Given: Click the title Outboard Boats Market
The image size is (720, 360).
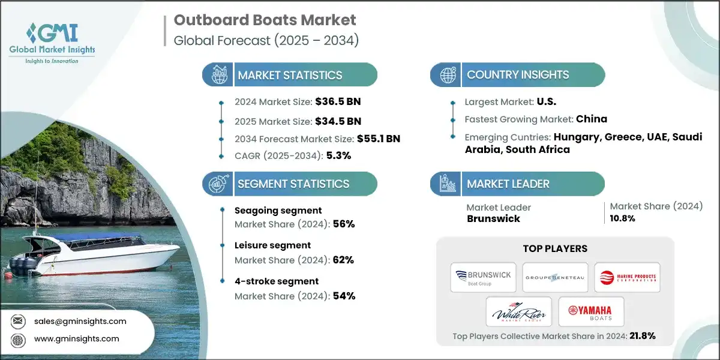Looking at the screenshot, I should point(265,20).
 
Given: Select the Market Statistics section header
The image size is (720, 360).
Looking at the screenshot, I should point(290,75).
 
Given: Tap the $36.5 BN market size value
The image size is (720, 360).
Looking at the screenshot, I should point(338,101).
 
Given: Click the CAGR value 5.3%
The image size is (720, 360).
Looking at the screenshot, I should point(338,155).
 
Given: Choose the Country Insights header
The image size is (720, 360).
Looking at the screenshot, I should point(518,75).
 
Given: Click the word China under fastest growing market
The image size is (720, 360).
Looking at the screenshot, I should point(592,119).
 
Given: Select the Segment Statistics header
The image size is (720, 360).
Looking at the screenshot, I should point(293,184).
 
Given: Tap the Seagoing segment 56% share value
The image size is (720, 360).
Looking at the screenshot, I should point(343,224).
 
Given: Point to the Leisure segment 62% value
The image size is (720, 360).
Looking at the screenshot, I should point(343,260).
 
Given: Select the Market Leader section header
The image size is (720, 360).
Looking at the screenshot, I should point(508,184).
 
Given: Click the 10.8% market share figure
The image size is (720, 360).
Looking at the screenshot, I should point(623,218).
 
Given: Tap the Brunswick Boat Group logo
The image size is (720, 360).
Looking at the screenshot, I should point(484,277).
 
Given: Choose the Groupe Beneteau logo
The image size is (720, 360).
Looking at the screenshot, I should point(554,277).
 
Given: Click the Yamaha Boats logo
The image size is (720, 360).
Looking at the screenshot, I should point(590,311).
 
